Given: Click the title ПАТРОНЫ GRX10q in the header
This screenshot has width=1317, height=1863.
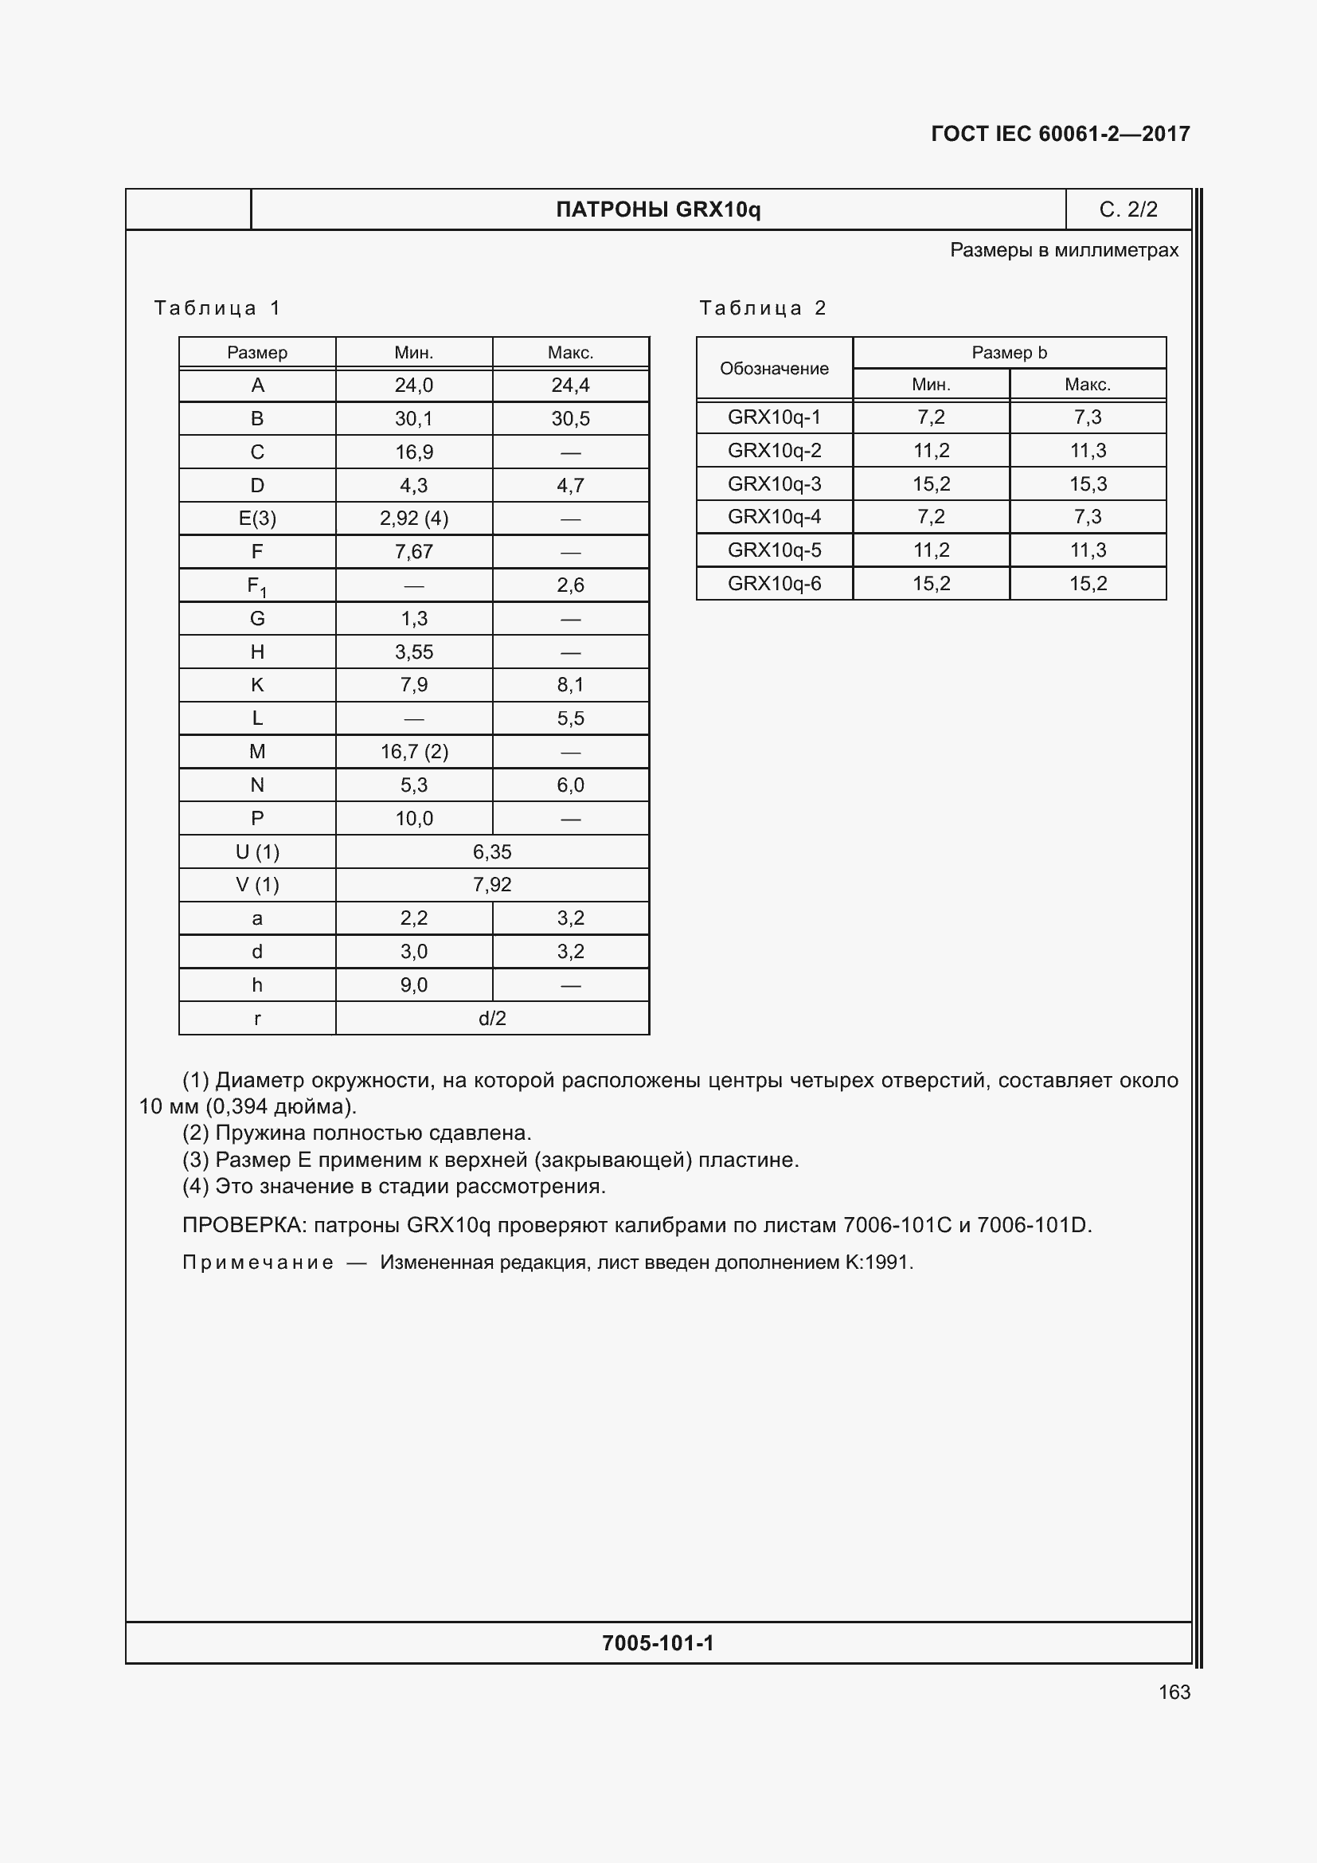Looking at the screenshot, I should click(658, 209).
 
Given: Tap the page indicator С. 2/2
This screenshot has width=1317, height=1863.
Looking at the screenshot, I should click(1128, 209).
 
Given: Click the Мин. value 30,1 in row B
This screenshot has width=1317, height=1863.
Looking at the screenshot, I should click(413, 419).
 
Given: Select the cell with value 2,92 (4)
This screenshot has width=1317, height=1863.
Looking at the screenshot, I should click(413, 519).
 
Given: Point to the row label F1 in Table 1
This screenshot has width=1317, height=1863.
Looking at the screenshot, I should click(256, 586).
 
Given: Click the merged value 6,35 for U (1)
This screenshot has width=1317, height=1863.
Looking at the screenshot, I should click(492, 852).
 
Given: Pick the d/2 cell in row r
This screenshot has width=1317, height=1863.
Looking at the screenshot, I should click(492, 1019).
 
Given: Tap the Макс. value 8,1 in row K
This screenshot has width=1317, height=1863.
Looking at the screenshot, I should click(570, 685).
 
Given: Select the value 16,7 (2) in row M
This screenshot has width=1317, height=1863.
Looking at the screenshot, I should click(413, 751).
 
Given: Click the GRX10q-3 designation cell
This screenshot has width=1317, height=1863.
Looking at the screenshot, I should click(774, 483).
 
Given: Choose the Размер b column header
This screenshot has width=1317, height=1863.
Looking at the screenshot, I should click(1009, 352).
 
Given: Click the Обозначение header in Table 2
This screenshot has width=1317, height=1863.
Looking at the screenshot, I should click(774, 369).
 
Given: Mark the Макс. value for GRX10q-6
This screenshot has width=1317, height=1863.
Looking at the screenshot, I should click(1088, 583).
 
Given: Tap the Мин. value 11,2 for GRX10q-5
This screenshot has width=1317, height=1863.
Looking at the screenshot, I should click(930, 550).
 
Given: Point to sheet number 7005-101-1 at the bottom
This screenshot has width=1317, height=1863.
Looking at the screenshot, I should click(658, 1643).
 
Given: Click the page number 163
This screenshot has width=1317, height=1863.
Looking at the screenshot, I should click(1174, 1692).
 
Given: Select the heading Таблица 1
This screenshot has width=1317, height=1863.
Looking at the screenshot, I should click(217, 308).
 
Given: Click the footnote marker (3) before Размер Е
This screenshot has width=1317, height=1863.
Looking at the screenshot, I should click(195, 1160).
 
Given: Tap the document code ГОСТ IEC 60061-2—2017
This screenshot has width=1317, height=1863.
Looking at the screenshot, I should click(1060, 134).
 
